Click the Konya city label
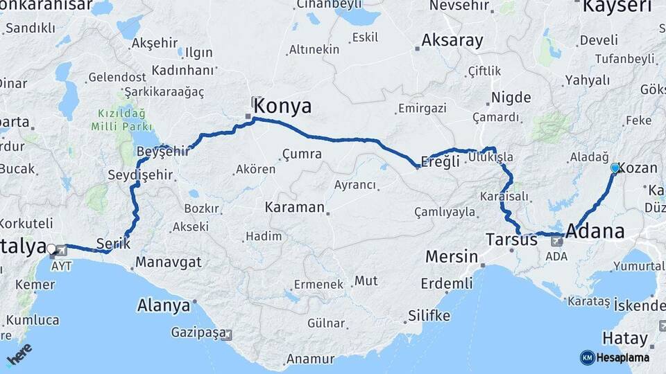(282, 106)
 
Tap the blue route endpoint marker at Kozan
(615, 168)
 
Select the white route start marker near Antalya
(51, 248)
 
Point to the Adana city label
(595, 231)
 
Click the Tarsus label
(511, 240)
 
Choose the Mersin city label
(451, 257)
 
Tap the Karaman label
(294, 207)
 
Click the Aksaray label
(452, 40)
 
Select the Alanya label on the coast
(163, 305)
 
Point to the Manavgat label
(169, 262)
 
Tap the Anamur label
(309, 359)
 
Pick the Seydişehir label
(139, 175)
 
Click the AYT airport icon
(60, 250)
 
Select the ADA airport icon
(557, 242)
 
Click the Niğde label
(511, 98)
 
